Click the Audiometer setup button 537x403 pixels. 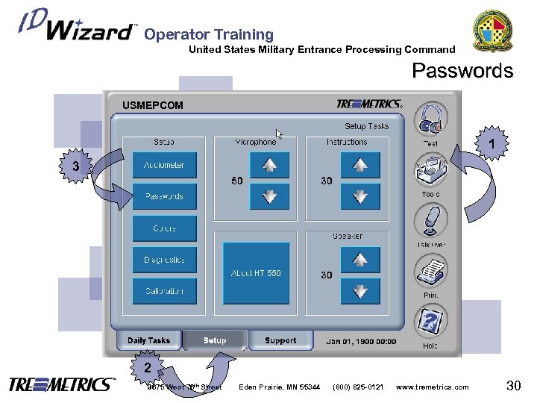click(164, 165)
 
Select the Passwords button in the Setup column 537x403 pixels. click(164, 196)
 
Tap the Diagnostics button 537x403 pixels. click(164, 260)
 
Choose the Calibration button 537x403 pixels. click(164, 291)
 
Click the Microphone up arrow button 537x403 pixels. click(264, 165)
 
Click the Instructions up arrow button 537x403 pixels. click(360, 165)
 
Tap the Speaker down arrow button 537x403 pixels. click(360, 292)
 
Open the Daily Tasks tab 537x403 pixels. click(148, 340)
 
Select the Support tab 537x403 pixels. click(280, 340)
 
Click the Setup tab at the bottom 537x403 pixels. click(215, 340)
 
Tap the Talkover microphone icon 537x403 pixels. click(431, 221)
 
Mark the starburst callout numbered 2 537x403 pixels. click(148, 366)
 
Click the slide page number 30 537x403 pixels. click(513, 385)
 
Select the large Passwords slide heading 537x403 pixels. click(462, 71)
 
